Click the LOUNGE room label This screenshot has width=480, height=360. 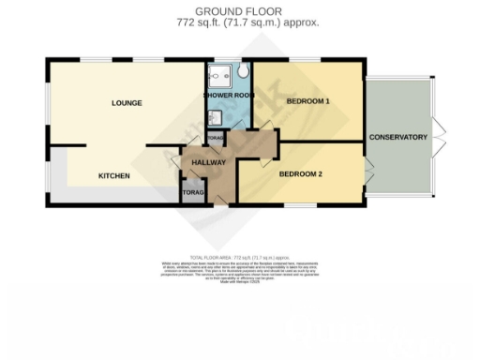[x=126, y=102]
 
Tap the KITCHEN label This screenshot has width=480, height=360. [x=115, y=175]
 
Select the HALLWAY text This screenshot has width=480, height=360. [x=208, y=162]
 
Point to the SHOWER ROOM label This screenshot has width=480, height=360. [x=228, y=96]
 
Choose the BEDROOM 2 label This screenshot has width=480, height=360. [x=301, y=174]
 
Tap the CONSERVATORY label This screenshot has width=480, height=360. [x=398, y=138]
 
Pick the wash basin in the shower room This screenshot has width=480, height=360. [x=213, y=116]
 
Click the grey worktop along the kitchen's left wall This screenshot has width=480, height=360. [x=57, y=173]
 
